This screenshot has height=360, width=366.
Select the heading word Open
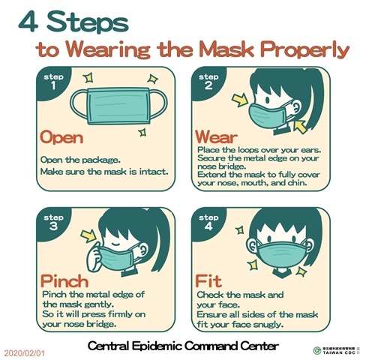[61, 137]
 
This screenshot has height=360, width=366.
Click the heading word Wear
[216, 136]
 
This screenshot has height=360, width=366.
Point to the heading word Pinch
[64, 281]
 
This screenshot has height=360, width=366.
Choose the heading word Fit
[208, 281]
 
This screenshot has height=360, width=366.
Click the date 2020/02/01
[25, 353]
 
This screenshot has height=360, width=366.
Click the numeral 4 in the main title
[28, 22]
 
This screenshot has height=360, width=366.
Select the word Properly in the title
[304, 50]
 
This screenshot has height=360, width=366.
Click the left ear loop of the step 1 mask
[78, 104]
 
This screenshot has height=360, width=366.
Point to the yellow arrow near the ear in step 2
[300, 127]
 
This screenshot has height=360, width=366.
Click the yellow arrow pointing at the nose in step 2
[240, 100]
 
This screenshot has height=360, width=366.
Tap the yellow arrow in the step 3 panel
[88, 236]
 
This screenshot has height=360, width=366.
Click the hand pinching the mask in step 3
[94, 256]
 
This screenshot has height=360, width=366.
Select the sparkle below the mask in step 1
[142, 132]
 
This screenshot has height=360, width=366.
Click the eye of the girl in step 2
[267, 100]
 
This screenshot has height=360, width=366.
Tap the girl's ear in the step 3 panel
[143, 250]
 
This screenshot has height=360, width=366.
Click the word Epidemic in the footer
[157, 346]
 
